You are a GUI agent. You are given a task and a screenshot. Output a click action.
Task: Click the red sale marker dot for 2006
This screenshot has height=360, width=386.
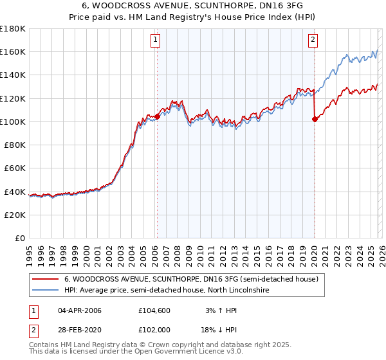157,116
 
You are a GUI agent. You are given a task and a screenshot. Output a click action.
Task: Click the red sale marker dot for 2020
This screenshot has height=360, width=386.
315,119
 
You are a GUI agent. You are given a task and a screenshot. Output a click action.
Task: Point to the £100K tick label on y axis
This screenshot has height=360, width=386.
13,122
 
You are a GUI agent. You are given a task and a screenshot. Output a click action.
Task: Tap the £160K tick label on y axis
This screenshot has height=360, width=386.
13,51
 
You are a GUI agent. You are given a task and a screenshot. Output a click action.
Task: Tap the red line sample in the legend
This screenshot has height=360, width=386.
45,280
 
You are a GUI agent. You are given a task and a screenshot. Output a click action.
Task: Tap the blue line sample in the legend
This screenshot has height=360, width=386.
45,291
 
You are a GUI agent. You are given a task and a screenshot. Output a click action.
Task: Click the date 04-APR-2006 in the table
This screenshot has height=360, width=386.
79,310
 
